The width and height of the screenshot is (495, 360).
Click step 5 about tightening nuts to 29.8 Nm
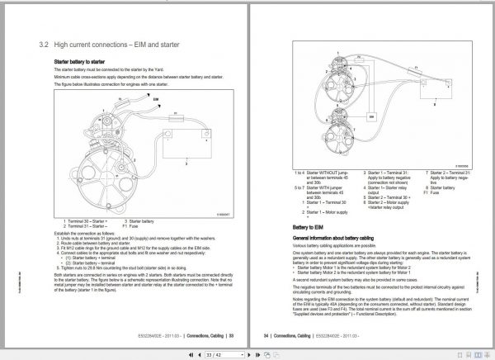click(115, 269)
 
